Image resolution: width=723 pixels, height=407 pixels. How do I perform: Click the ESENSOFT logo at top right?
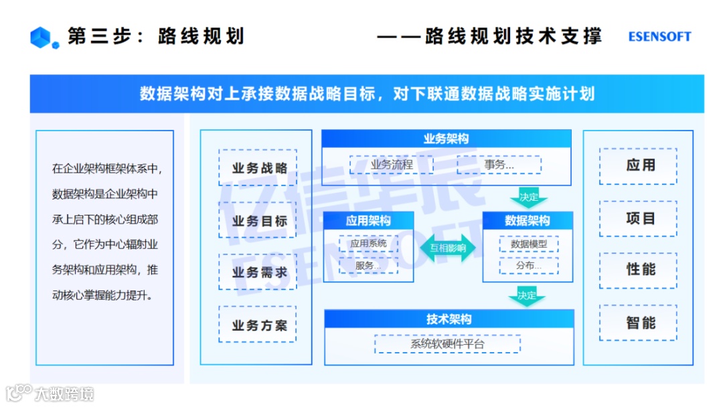click(659, 37)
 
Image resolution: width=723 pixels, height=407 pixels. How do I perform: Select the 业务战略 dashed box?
click(257, 167)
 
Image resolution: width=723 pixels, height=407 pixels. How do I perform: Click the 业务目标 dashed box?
click(257, 220)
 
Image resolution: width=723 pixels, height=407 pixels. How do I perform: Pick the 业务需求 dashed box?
click(257, 272)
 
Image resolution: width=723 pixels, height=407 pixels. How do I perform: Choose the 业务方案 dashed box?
click(257, 325)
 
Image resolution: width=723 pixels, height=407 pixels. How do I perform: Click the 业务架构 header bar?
click(446, 139)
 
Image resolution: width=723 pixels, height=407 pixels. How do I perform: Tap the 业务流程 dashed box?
click(392, 165)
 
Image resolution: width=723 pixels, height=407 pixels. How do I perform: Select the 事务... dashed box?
click(499, 165)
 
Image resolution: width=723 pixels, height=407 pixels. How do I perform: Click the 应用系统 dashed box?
click(368, 244)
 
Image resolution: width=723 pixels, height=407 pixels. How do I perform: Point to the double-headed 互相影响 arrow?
click(448, 248)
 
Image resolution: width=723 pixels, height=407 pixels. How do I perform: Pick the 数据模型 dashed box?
click(528, 244)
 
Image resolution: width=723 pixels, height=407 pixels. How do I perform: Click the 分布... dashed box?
click(528, 266)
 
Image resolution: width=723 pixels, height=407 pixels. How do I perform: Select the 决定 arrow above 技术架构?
click(527, 295)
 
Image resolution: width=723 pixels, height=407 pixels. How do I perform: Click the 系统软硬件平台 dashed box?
click(447, 344)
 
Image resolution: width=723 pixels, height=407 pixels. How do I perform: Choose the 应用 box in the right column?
click(638, 166)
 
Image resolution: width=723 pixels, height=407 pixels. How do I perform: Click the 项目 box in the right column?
click(638, 219)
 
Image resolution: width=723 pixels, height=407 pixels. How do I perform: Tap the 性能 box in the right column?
click(638, 270)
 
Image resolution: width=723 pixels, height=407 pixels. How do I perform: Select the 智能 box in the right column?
click(638, 323)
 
